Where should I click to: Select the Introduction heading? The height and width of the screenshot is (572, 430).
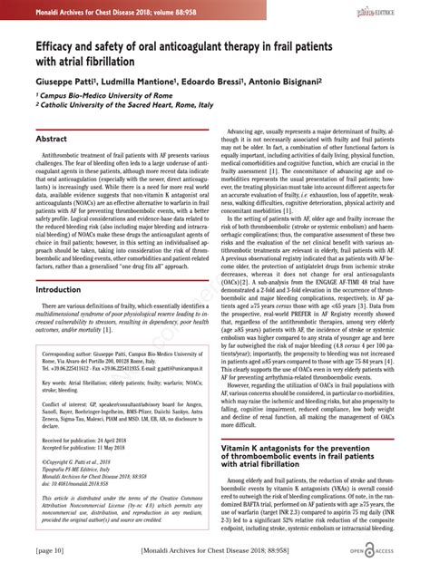coord(58,289)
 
